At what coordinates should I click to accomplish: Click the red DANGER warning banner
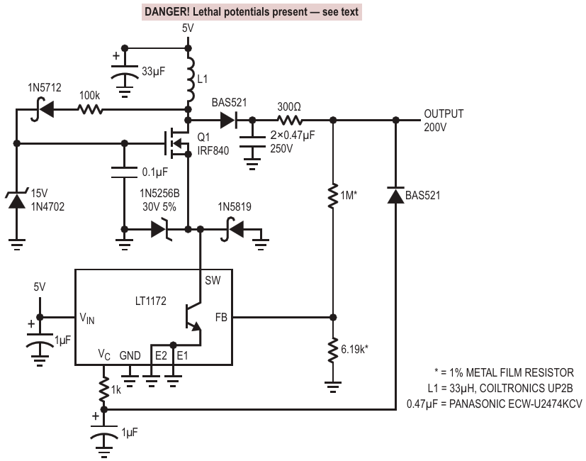point(252,12)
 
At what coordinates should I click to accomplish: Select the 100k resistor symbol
point(90,110)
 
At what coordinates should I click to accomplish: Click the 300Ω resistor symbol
point(290,120)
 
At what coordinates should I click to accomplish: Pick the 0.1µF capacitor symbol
point(125,173)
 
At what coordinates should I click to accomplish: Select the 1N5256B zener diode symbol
point(161,229)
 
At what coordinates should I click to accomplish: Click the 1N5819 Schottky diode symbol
point(232,229)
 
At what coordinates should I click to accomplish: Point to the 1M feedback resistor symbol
point(333,196)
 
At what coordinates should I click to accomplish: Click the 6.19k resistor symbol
point(333,350)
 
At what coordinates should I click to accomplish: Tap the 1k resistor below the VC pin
point(104,389)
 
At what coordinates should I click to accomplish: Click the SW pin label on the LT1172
point(213,280)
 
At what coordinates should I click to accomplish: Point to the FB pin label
point(221,317)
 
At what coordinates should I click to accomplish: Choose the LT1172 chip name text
point(151,301)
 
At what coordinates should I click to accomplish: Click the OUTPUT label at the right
point(444,113)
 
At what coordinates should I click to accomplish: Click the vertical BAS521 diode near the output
point(396,195)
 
